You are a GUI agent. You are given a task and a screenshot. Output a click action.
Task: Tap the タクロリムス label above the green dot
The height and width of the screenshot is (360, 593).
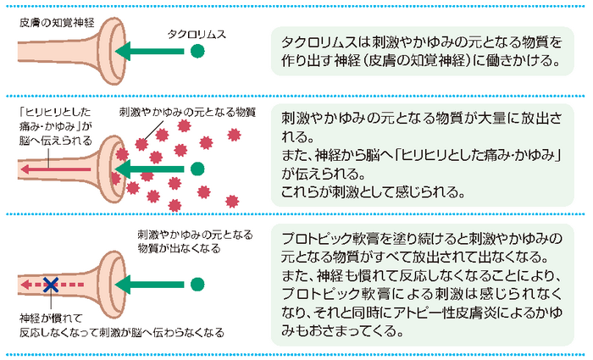[x=197, y=33]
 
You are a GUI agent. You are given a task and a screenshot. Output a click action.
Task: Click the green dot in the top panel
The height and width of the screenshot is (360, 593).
[x=197, y=53]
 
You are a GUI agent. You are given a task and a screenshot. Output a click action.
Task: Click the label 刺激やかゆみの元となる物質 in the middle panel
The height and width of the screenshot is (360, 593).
[x=187, y=112]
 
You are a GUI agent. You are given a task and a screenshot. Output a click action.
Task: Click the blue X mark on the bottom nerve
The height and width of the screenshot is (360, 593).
[x=50, y=285]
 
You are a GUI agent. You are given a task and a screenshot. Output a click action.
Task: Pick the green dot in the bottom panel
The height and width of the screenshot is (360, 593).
[x=197, y=285]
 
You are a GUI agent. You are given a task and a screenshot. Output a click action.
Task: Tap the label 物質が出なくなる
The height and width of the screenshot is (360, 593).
[x=179, y=248]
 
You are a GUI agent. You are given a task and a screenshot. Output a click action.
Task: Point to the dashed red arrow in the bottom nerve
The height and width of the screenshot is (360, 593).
[x=68, y=285]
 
